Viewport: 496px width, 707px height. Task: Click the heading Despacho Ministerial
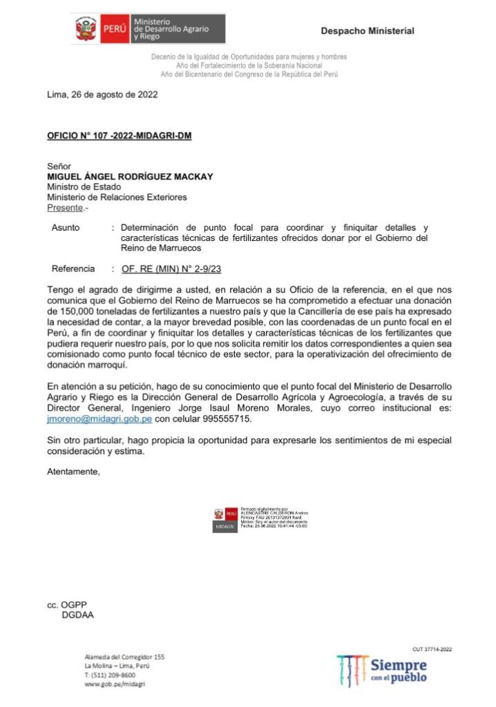tap(368, 31)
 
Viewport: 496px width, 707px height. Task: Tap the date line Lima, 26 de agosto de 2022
tap(102, 95)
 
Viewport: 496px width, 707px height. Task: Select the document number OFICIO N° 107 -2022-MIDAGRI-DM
tap(119, 135)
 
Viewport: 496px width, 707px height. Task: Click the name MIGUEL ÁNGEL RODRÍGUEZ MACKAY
tap(130, 177)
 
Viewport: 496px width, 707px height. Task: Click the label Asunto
tap(66, 227)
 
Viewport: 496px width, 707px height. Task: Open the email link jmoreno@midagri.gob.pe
tap(99, 419)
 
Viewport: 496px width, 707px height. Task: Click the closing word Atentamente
tap(74, 472)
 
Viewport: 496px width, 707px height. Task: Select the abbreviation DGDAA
tap(77, 615)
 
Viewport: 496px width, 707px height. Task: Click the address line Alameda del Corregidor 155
tap(124, 657)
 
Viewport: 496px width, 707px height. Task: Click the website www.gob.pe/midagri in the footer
tap(115, 684)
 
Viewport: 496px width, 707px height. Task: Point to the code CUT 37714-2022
tap(432, 649)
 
